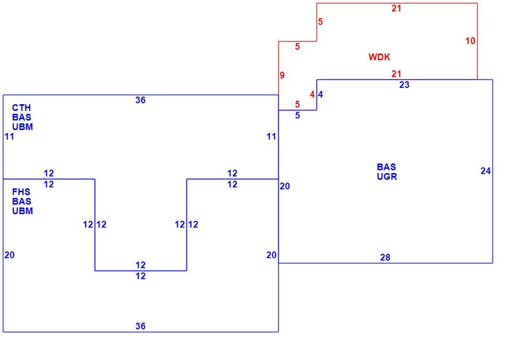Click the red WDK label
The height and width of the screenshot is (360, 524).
[379, 57]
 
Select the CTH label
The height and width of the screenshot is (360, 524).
[22, 108]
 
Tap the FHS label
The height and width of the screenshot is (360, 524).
[21, 192]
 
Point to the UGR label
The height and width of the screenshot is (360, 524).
[387, 176]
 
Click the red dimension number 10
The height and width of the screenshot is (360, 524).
[470, 41]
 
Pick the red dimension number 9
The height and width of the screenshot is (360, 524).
[282, 75]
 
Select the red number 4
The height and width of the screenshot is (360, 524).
[312, 95]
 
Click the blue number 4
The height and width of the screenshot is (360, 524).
[320, 95]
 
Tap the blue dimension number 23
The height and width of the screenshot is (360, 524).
[404, 85]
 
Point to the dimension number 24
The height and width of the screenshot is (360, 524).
[486, 171]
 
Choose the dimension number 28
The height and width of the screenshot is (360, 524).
[385, 257]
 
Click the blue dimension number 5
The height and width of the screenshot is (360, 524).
[297, 116]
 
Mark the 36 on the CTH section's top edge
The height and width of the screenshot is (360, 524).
[141, 100]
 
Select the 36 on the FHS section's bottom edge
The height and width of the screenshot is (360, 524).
[141, 326]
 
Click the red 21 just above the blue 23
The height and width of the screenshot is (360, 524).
[396, 74]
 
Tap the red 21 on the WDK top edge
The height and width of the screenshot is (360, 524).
[396, 8]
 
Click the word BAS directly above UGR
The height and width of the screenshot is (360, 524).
[386, 167]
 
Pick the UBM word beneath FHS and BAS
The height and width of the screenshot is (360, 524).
[23, 211]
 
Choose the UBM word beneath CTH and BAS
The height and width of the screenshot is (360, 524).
[23, 127]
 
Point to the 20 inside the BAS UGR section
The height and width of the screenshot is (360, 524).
[285, 186]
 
